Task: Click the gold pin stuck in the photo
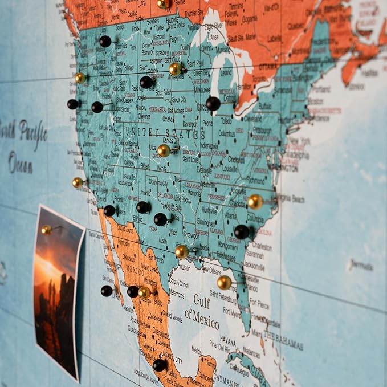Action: (x=46, y=230)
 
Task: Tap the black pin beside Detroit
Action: (x=213, y=103)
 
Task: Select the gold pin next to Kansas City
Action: (x=164, y=150)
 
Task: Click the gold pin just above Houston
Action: (x=182, y=252)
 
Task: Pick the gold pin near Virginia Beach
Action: (x=255, y=202)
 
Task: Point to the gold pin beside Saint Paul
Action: (x=176, y=69)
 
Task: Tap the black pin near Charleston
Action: (x=242, y=232)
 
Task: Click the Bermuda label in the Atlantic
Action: (x=361, y=266)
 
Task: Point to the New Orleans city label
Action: (x=211, y=272)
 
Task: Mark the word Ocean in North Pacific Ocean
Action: (x=21, y=163)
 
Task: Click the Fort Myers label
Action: (x=233, y=312)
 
